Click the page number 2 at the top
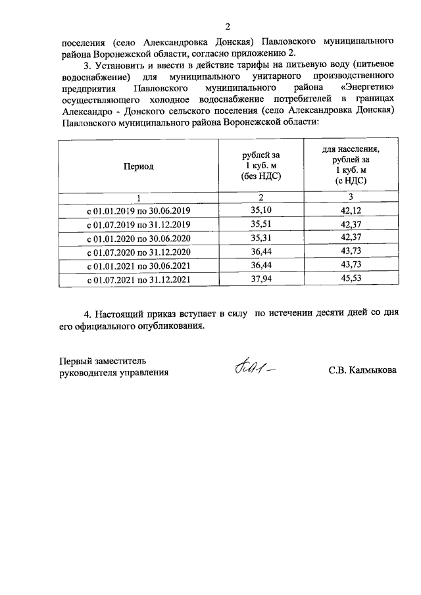coord(228,27)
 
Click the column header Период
coord(138,166)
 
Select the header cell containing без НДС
coord(261,166)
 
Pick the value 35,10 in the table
coord(261,210)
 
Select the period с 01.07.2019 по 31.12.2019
coord(138,226)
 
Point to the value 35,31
coord(261,239)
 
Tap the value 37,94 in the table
coord(261,279)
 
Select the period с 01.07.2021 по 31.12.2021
coord(138,280)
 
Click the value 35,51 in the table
coord(261,225)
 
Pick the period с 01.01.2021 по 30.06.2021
coord(138,266)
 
